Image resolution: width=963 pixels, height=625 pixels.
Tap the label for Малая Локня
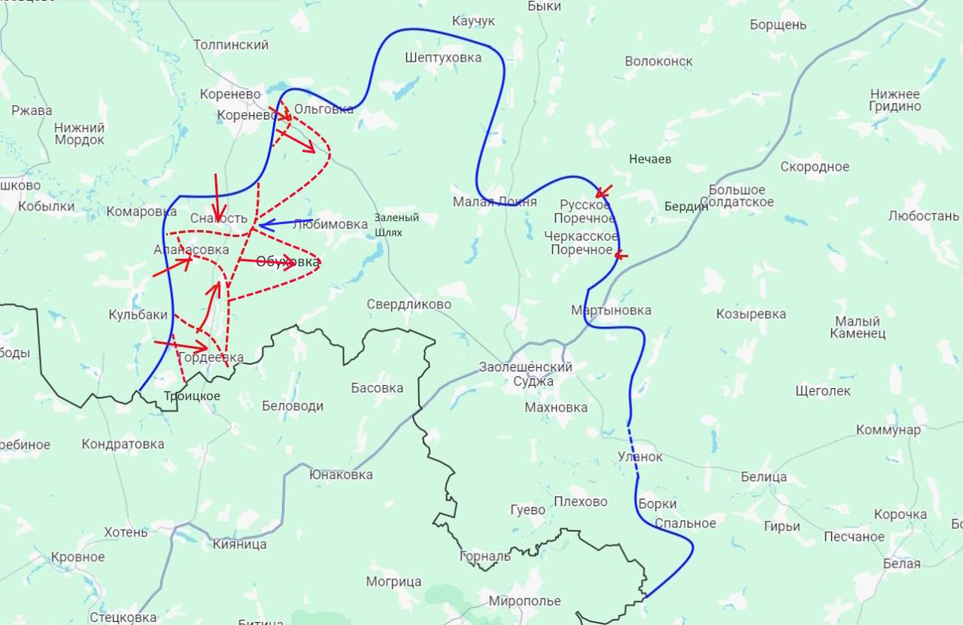pos(494,202)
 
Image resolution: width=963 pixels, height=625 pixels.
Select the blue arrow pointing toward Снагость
pos(284,223)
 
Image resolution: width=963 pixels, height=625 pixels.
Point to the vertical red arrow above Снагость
pos(217,197)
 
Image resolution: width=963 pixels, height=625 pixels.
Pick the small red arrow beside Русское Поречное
pos(604,191)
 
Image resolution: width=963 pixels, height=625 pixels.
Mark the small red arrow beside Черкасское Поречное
pos(621,256)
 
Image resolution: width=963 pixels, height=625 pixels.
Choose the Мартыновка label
pos(611,310)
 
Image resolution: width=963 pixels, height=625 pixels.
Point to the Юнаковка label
pos(340,475)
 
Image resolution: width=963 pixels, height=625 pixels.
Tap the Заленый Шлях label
pos(396,225)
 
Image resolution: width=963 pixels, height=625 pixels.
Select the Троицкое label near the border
pos(192,396)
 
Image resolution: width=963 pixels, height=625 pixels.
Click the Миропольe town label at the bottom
pos(524,601)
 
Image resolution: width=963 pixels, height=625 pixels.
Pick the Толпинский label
pos(231,45)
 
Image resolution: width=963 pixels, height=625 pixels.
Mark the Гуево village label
pos(527,509)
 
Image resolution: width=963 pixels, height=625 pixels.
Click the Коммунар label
pos(888,430)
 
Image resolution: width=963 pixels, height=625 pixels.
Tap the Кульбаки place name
pos(138,315)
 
